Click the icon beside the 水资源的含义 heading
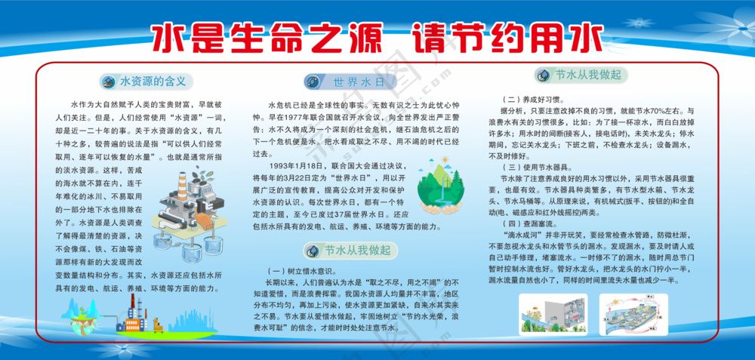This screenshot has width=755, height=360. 107,81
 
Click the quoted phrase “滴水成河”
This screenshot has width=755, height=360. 522,235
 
